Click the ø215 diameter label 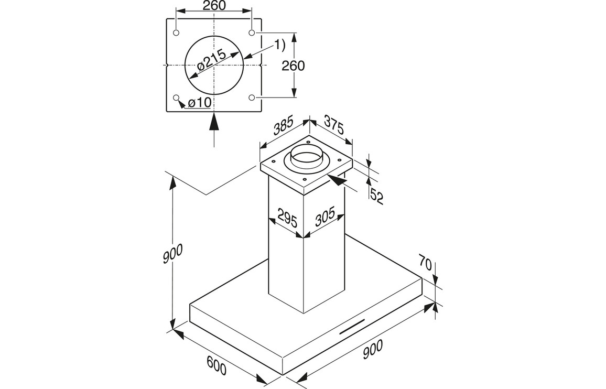coord(211,61)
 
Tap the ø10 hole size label coord(199,102)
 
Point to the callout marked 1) coord(279,45)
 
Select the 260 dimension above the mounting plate coord(214,6)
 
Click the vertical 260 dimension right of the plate coord(293,66)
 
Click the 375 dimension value coord(333,124)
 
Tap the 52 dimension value coord(376,196)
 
